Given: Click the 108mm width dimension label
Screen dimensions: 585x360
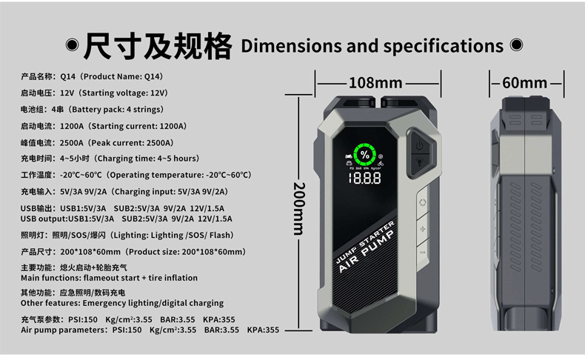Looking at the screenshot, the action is (375, 83).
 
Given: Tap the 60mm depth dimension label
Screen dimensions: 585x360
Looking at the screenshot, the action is (524, 83).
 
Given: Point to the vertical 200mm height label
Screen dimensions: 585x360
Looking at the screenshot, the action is (299, 209).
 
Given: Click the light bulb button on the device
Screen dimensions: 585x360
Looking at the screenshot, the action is (420, 162).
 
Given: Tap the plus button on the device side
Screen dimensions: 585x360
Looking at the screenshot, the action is (422, 229).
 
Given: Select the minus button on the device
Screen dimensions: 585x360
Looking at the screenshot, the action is (422, 253).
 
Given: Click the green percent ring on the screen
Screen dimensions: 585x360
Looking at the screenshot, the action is (365, 155).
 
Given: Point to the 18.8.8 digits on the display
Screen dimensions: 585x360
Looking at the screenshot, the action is (364, 179).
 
